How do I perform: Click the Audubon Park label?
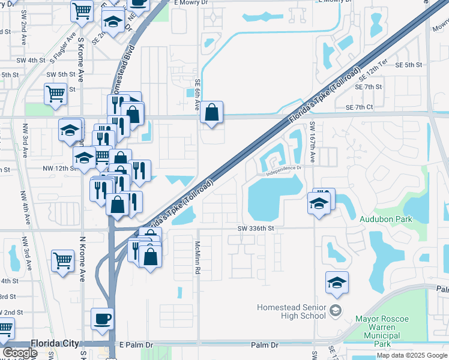(x=385, y=219)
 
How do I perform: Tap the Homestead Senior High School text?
(x=291, y=311)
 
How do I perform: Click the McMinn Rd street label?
(x=197, y=258)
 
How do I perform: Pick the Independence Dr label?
(x=286, y=171)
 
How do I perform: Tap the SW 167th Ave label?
(x=313, y=142)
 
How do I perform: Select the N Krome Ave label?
(x=82, y=259)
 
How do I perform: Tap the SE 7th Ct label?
(x=360, y=107)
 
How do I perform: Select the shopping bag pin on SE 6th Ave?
(x=211, y=112)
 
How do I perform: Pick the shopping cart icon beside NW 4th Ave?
(x=62, y=261)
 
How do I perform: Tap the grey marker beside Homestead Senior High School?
(x=335, y=310)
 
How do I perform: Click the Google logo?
(x=20, y=353)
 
